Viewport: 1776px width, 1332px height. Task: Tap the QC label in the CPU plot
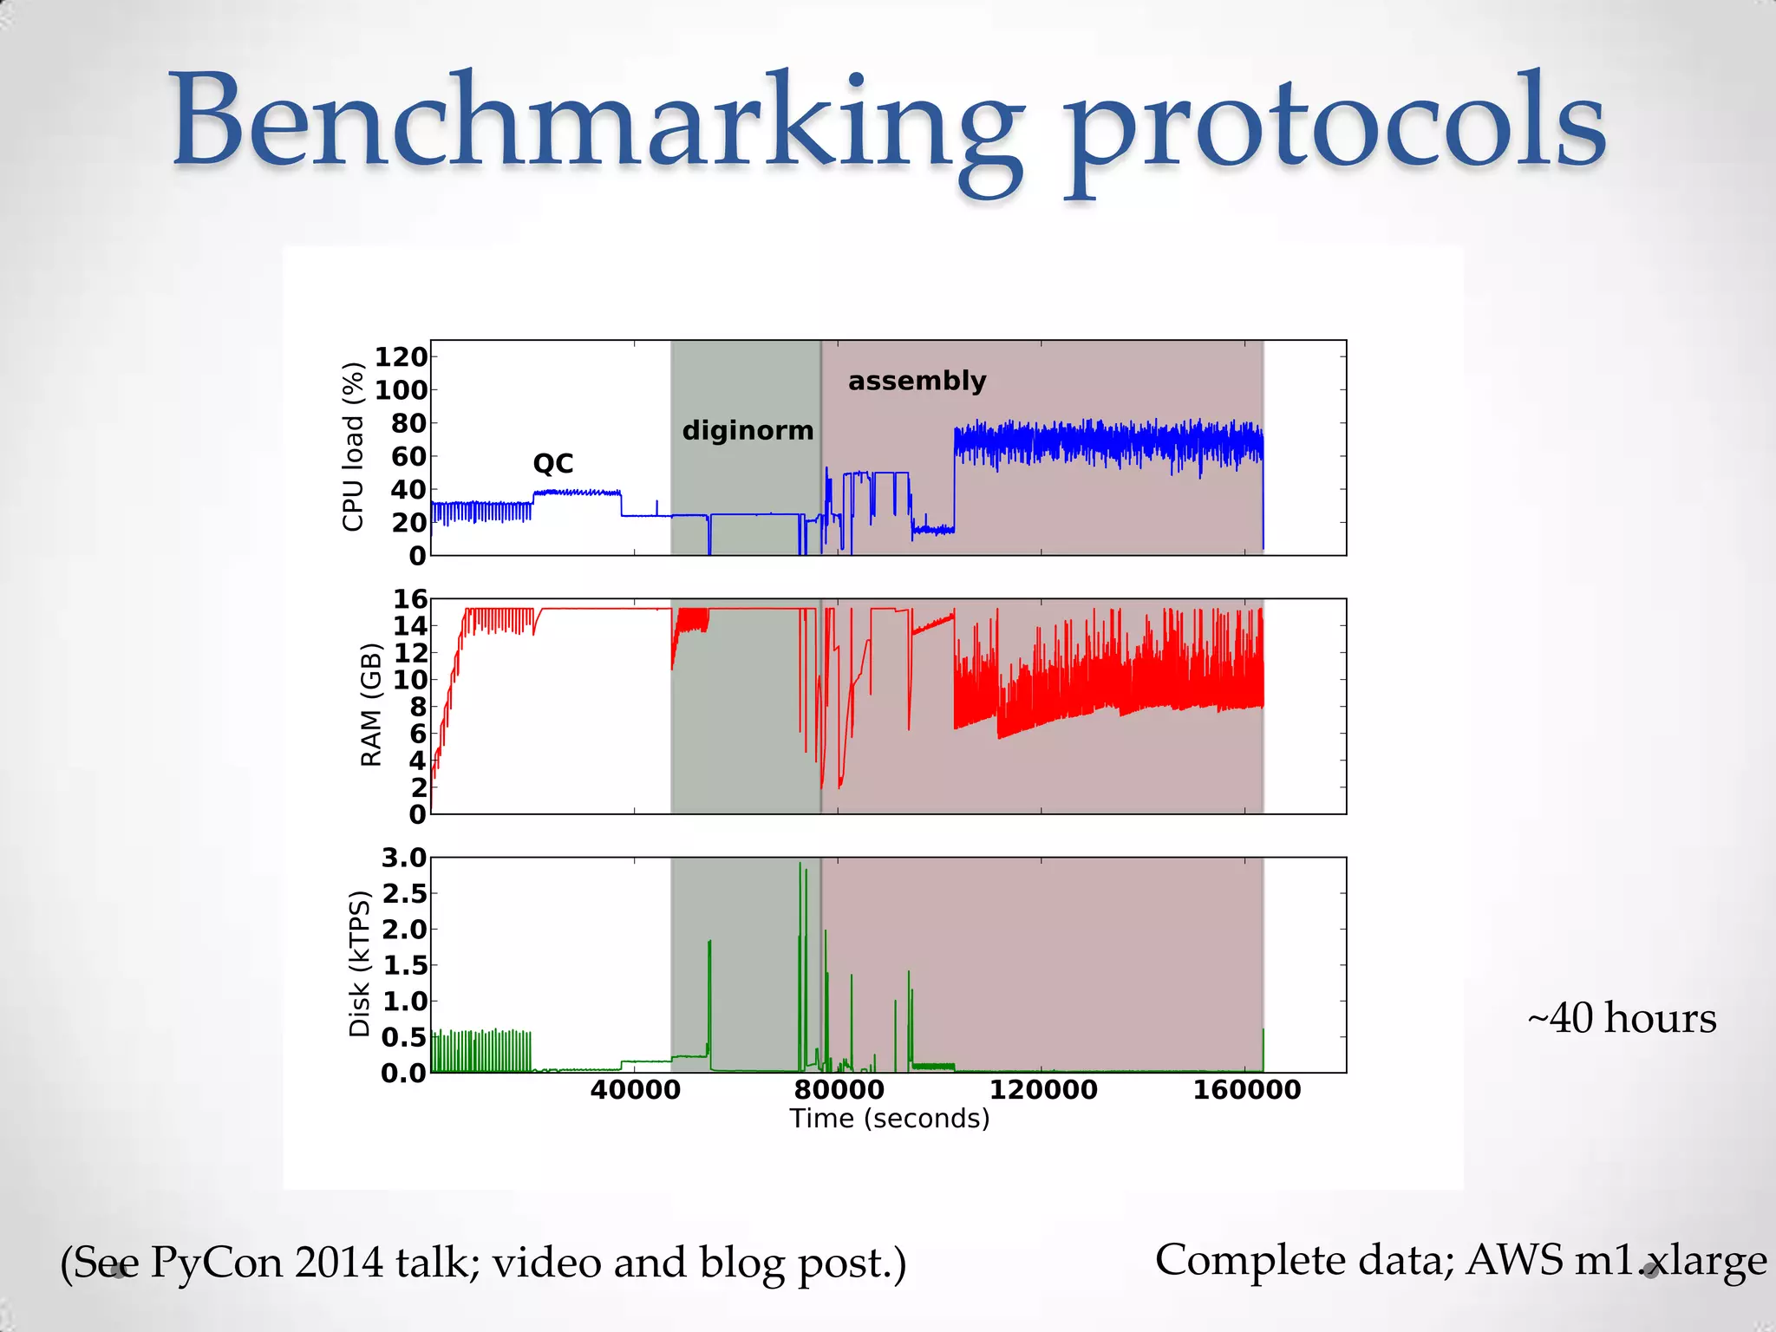[x=553, y=463]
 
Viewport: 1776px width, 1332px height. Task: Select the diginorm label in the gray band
[x=748, y=430]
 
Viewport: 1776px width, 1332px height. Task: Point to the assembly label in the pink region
[x=917, y=381]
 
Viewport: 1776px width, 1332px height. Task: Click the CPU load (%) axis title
[x=353, y=447]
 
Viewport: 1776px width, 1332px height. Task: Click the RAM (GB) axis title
[x=370, y=704]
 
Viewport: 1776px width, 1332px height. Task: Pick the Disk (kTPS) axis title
[x=359, y=963]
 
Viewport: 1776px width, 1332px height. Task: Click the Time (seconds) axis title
[x=889, y=1119]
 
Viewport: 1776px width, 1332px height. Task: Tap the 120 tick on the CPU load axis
[x=401, y=356]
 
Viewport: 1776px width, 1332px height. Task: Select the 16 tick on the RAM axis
[x=410, y=598]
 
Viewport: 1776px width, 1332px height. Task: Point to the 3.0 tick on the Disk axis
[x=404, y=858]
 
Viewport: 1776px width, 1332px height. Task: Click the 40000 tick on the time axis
[x=635, y=1090]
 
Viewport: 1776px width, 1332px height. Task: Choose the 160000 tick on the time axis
[x=1246, y=1090]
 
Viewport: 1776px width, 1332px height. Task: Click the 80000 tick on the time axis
[x=839, y=1090]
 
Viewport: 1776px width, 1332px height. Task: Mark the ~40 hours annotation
[x=1621, y=1018]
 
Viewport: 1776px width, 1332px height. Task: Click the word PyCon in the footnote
[x=217, y=1262]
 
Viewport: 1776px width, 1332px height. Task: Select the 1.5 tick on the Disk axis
[x=404, y=965]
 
